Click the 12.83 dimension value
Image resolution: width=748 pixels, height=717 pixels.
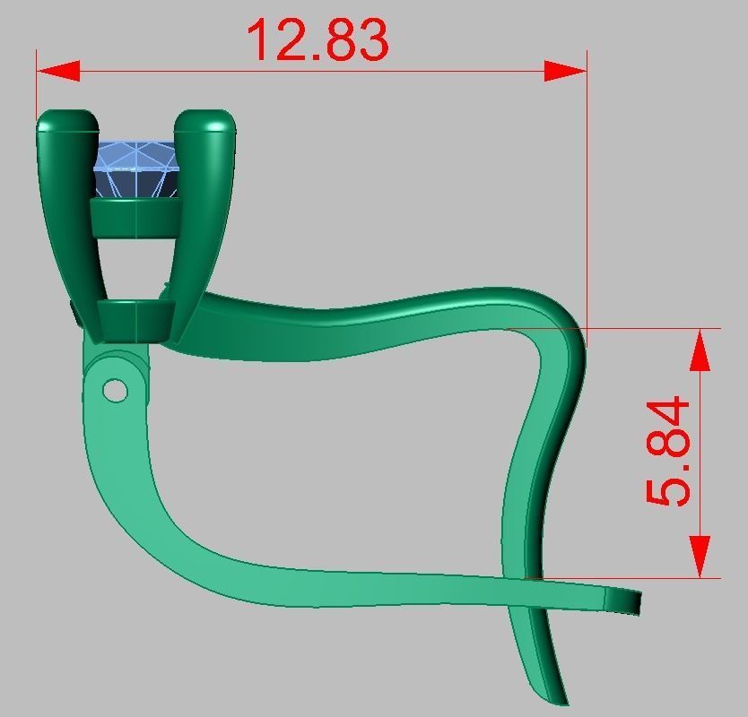pos(317,40)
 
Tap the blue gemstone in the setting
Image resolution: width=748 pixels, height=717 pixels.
pos(136,168)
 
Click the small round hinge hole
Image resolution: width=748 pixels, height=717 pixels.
pos(115,390)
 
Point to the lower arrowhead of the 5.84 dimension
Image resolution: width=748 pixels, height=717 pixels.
pos(700,557)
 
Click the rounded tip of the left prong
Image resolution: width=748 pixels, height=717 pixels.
pos(67,120)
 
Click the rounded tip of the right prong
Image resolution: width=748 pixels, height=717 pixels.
pos(205,120)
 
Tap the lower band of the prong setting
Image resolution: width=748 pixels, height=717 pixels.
pos(135,321)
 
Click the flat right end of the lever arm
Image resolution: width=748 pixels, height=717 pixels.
pos(636,603)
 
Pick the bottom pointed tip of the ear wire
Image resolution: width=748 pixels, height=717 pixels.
pos(563,699)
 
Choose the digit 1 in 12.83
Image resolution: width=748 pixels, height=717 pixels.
pos(261,40)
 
